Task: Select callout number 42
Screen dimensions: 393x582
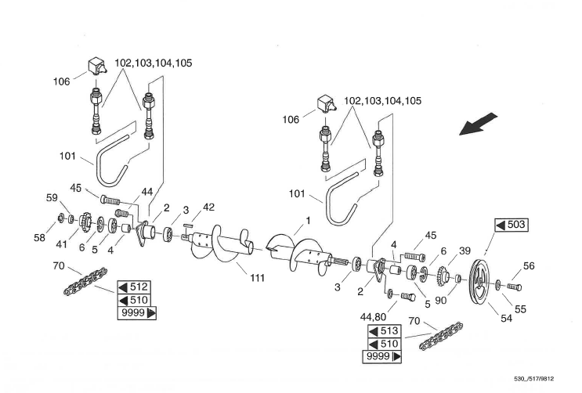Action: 208,207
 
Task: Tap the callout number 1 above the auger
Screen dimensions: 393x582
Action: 308,221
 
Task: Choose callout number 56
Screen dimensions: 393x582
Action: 529,266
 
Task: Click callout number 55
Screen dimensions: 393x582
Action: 520,308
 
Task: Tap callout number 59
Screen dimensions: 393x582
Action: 52,197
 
